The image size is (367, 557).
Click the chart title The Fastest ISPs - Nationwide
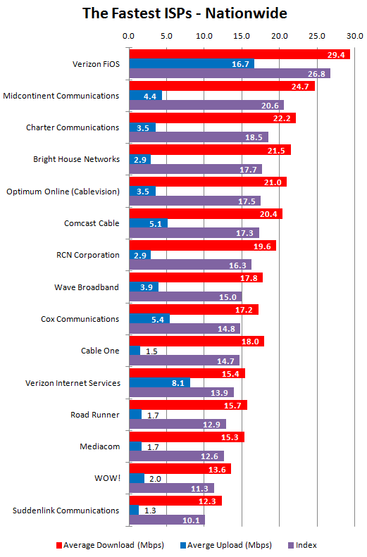[185, 13]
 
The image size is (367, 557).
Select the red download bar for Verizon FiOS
[240, 54]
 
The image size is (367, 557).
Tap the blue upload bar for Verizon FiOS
[192, 64]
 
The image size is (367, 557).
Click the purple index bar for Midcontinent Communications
[206, 105]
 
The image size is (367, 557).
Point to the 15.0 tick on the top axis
[242, 36]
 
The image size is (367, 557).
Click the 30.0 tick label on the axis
[355, 36]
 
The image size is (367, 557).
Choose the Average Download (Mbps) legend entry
[110, 545]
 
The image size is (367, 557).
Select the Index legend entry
[302, 545]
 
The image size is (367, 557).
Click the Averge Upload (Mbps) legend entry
[226, 545]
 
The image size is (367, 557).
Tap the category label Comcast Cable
[92, 223]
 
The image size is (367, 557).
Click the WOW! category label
[107, 478]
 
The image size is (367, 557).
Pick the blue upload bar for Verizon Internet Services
[159, 382]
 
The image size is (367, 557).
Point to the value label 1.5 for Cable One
[151, 351]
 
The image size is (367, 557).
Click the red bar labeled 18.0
[197, 341]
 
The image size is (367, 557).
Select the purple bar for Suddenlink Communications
[167, 520]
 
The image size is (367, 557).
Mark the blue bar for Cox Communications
[149, 319]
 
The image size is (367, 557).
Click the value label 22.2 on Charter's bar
[282, 118]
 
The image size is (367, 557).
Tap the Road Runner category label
[95, 415]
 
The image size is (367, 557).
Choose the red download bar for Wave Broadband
[196, 277]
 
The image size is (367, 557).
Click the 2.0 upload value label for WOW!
[155, 479]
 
